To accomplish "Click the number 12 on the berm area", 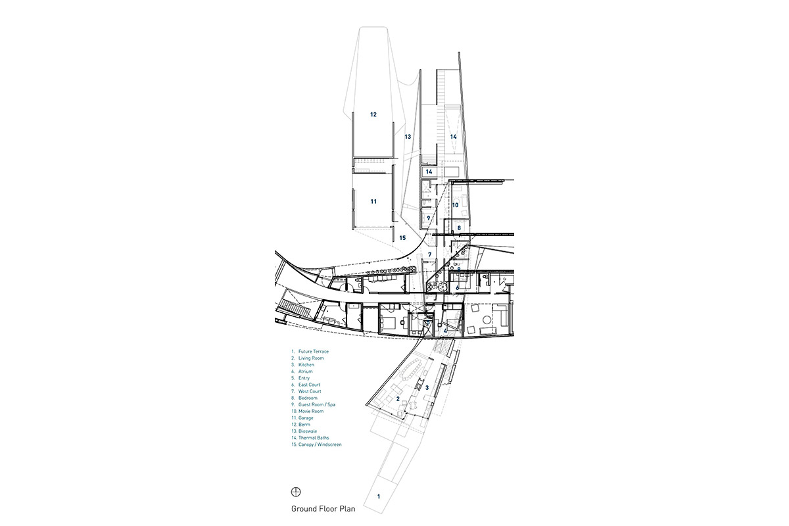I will (373, 114).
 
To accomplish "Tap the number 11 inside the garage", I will (373, 201).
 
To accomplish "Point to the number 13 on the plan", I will (408, 137).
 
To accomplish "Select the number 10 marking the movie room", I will (455, 205).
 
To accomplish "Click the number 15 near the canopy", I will (403, 238).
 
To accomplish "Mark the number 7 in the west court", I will (429, 254).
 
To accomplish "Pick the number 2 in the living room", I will (398, 399).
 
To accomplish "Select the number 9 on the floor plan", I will (428, 218).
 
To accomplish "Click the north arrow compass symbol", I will (296, 492).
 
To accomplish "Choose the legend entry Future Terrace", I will (313, 352).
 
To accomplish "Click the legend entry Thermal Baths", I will (313, 438).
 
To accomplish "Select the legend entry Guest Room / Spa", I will (316, 404).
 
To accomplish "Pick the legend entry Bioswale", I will (308, 431).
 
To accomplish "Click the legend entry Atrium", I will (306, 371).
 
